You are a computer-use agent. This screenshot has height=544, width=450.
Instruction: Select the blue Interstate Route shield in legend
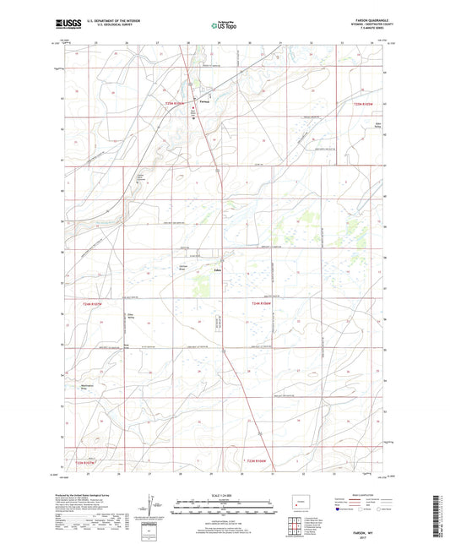pyautogui.click(x=340, y=510)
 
